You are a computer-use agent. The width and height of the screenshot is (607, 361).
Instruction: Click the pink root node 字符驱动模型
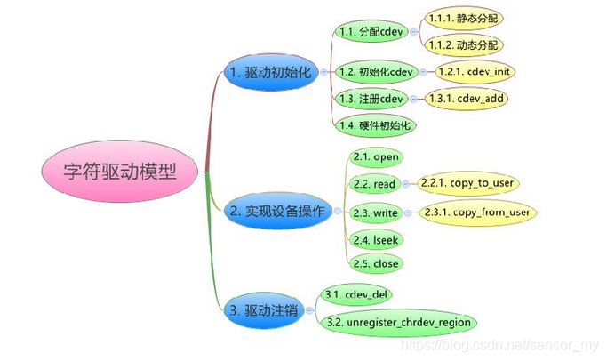[x=121, y=172]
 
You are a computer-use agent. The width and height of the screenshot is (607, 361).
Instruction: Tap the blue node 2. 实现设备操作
[x=276, y=211]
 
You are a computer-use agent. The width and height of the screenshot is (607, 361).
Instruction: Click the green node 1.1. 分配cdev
[x=371, y=31]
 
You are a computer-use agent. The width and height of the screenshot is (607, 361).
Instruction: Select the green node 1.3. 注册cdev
[x=371, y=98]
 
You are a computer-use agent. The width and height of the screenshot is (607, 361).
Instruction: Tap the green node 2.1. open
[x=375, y=157]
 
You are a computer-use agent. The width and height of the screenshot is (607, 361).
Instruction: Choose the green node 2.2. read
[x=373, y=184]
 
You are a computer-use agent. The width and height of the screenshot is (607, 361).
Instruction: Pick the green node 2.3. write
[x=374, y=213]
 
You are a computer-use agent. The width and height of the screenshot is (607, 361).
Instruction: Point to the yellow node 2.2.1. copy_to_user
[x=468, y=184]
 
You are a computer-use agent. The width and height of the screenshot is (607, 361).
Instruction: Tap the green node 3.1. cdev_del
[x=358, y=293]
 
